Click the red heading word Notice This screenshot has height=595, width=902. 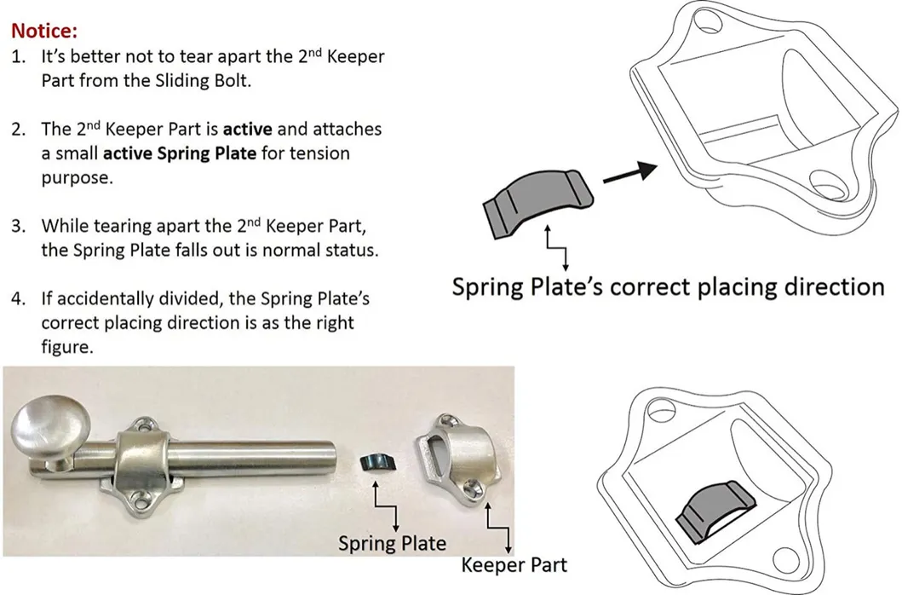click(44, 32)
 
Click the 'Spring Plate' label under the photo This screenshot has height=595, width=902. click(392, 543)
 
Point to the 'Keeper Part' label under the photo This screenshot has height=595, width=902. click(514, 564)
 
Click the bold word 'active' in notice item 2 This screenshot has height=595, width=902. click(247, 130)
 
